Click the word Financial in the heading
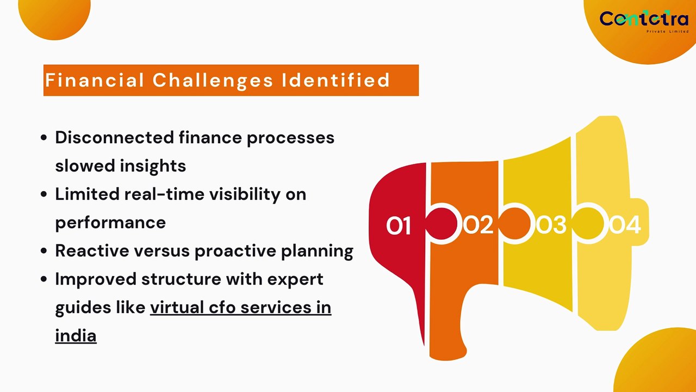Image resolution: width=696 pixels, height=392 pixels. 94,81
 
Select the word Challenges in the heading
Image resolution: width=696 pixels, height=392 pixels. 213,81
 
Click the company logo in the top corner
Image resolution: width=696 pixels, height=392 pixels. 643,20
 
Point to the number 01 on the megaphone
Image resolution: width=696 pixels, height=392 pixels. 398,225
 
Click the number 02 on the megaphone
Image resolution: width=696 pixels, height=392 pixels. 478,225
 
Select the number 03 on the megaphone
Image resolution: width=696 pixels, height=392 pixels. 551,225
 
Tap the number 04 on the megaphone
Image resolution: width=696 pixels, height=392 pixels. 625,225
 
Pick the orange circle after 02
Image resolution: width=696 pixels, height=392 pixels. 514,224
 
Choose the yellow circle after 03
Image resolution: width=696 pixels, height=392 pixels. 588,224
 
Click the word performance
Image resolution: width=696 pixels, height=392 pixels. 110,222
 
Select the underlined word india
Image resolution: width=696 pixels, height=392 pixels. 76,335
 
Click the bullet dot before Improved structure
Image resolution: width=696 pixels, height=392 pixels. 44,279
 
